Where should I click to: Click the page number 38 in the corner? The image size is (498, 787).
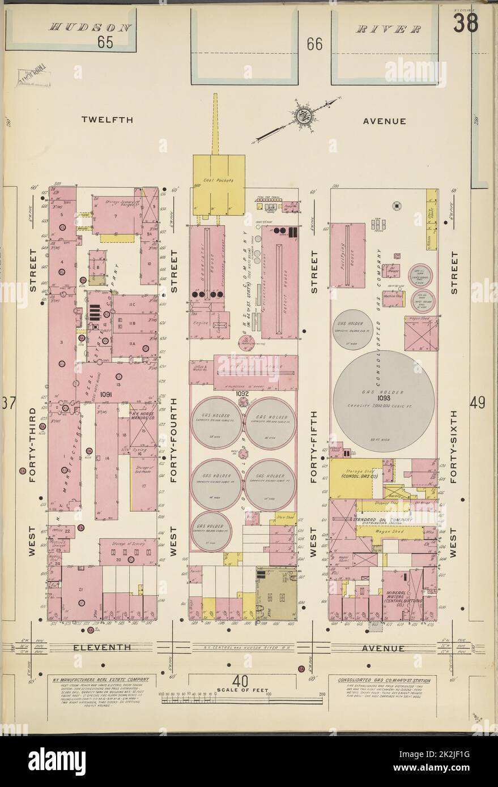[x=466, y=23]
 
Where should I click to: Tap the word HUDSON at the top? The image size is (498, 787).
[x=91, y=27]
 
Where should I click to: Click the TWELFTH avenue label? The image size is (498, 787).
[x=107, y=120]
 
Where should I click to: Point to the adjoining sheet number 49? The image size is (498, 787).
[x=476, y=403]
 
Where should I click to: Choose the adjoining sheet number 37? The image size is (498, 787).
[x=8, y=403]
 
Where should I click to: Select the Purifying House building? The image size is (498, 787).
[x=347, y=255]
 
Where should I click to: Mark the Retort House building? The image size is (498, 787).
[x=279, y=282]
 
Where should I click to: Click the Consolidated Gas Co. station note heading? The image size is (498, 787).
[x=384, y=681]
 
